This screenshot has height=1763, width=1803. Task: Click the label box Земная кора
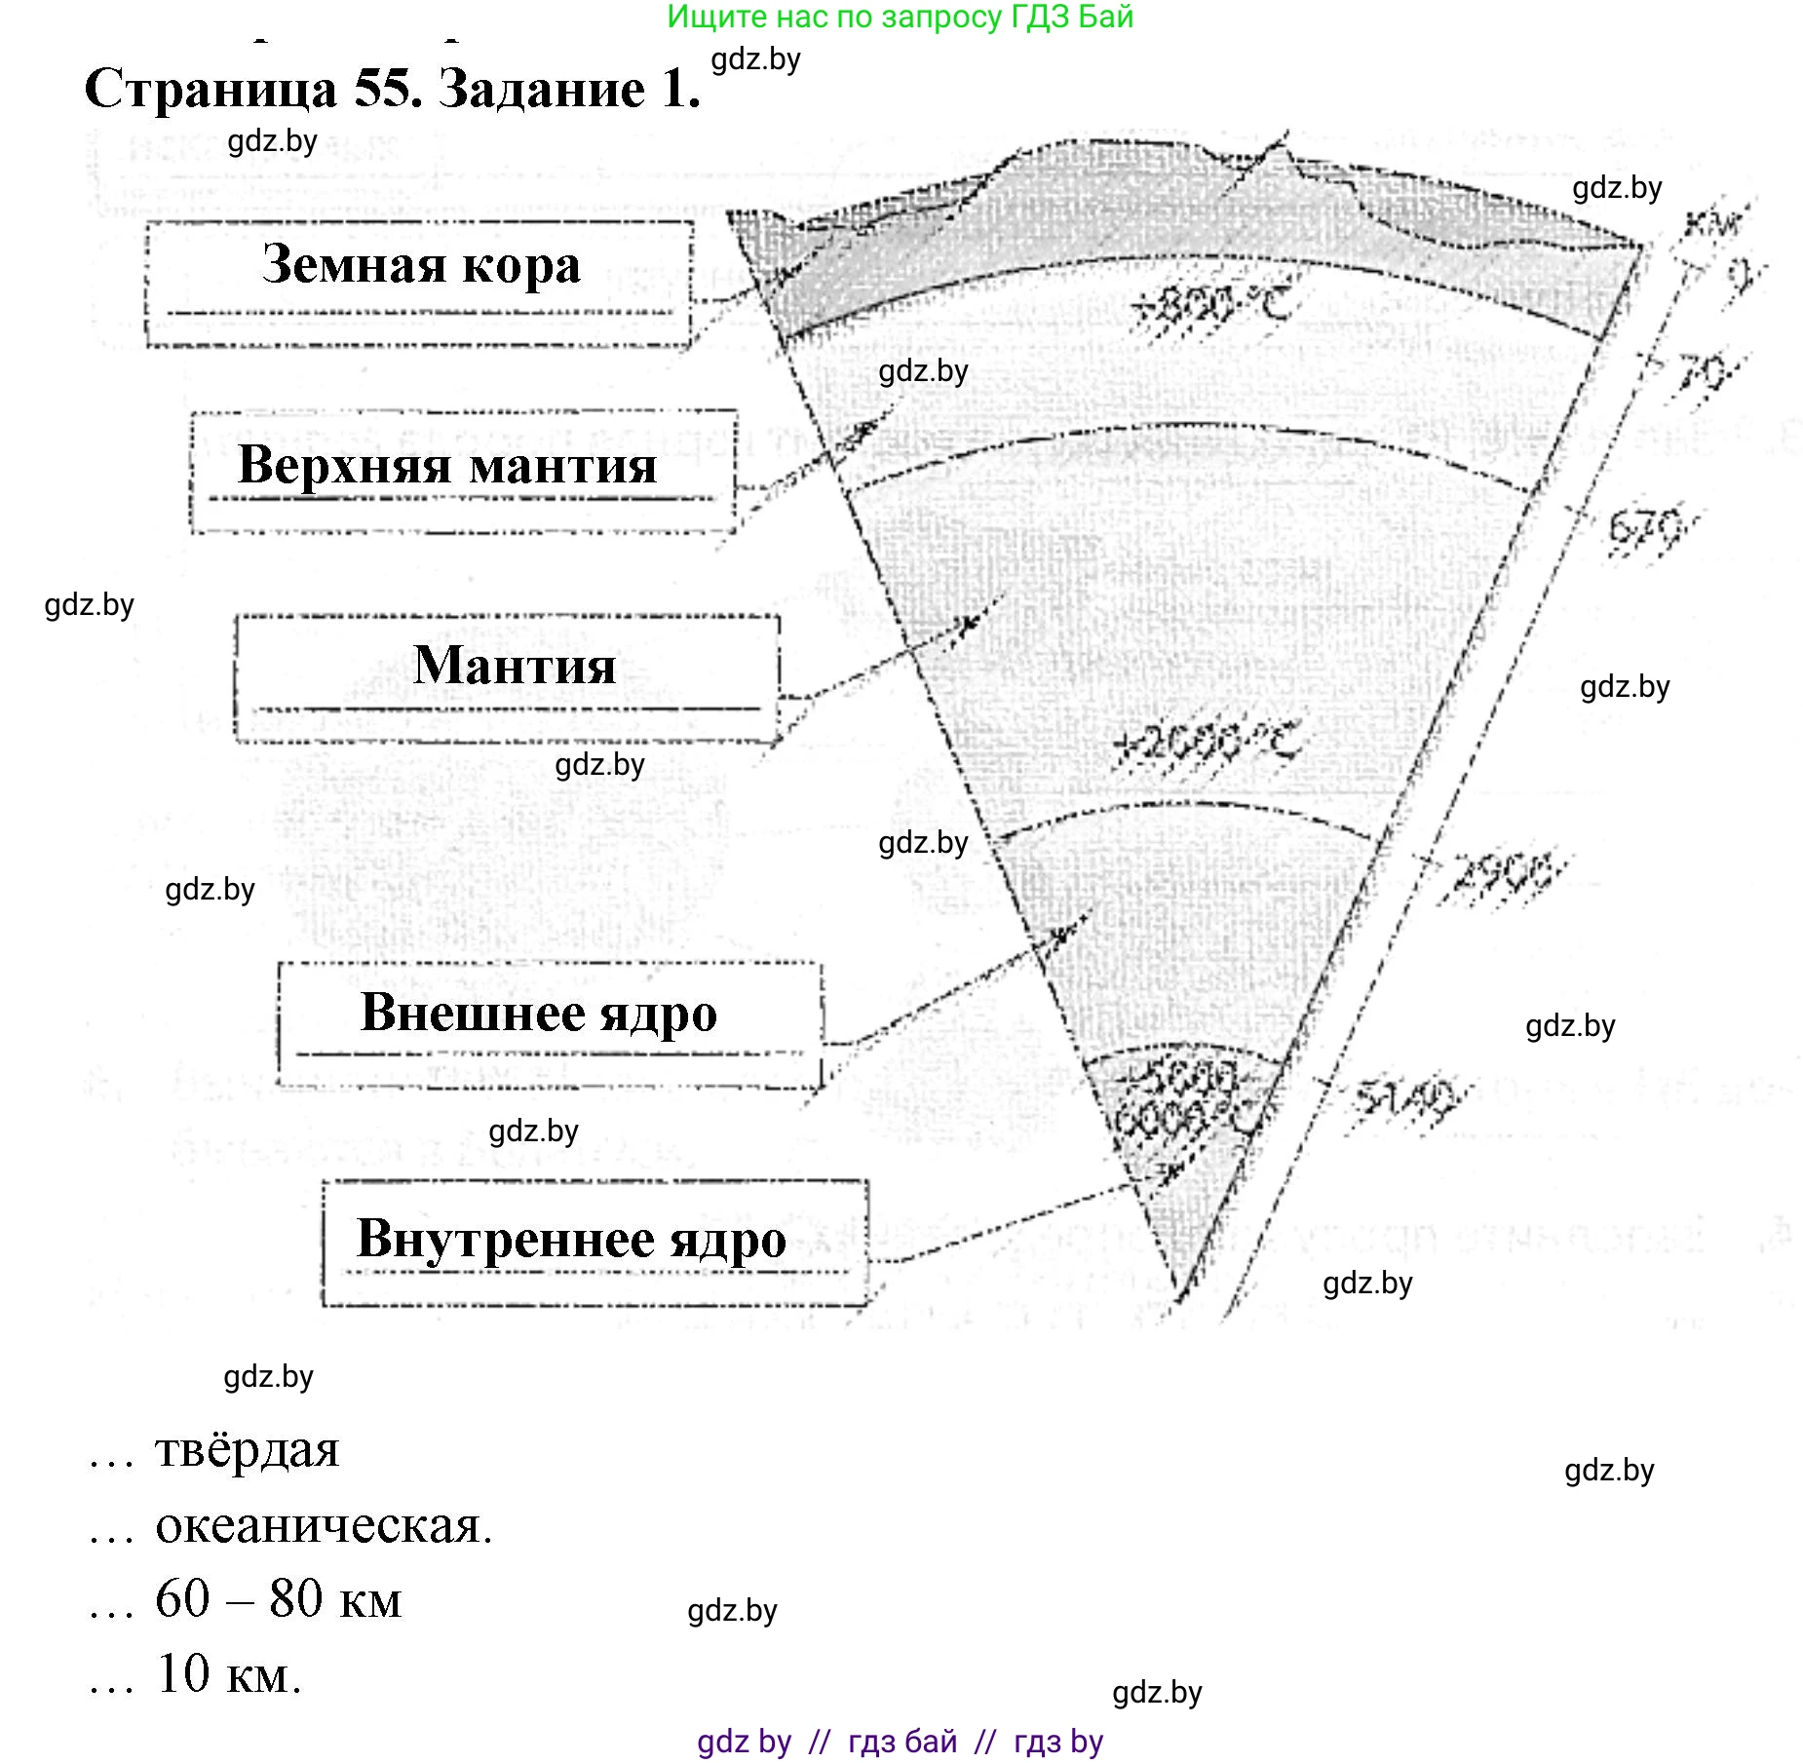(x=419, y=283)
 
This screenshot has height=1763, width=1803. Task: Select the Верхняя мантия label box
(x=463, y=471)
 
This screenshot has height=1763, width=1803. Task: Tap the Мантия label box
(x=507, y=677)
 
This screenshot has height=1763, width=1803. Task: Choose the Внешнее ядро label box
(x=549, y=1022)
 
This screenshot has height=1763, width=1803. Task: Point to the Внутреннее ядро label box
(x=595, y=1242)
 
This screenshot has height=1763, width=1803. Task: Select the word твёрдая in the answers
(x=247, y=1449)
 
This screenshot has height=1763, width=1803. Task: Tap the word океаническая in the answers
(x=323, y=1525)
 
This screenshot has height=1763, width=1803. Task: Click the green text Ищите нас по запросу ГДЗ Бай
(x=900, y=17)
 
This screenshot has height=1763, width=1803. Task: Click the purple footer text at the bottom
(x=900, y=1741)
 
